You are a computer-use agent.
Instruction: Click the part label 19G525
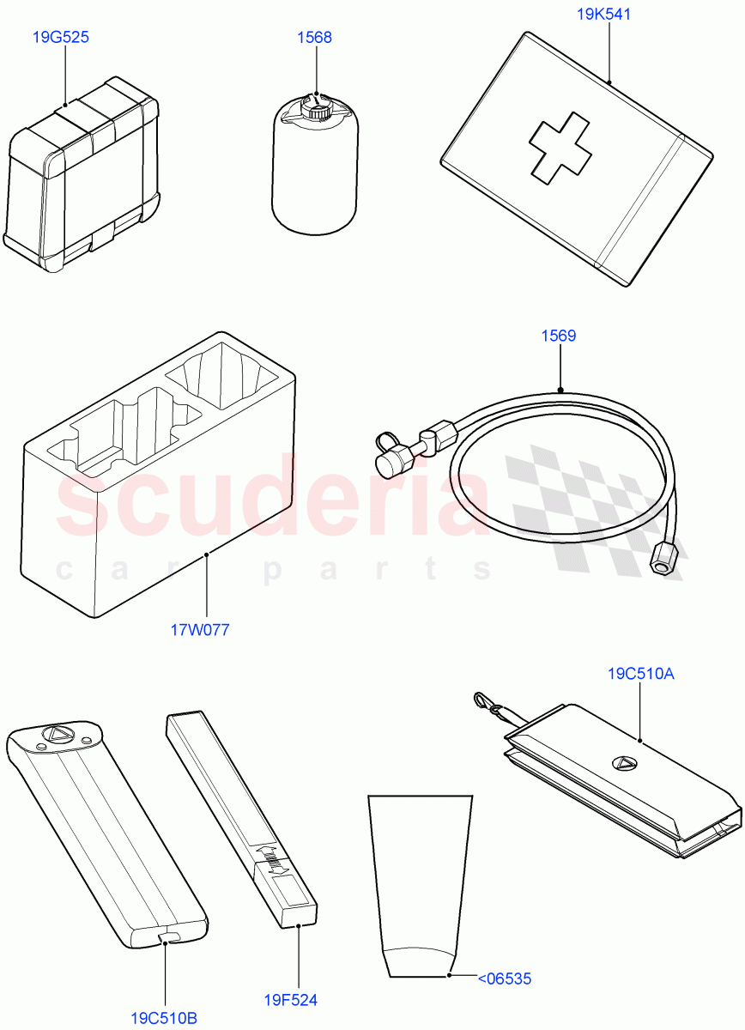60,37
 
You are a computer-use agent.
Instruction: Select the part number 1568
314,37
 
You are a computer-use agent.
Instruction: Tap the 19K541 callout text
603,14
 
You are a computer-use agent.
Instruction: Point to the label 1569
558,336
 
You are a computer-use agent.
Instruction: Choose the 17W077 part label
200,629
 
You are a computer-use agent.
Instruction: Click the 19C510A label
640,674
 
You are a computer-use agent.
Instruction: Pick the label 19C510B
164,1019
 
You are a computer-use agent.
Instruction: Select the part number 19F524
290,1000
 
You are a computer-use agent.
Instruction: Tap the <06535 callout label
505,978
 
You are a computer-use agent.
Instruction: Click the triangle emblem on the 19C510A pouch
624,764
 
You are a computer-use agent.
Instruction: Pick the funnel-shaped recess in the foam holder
222,376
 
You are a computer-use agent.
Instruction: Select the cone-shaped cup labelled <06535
420,886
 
